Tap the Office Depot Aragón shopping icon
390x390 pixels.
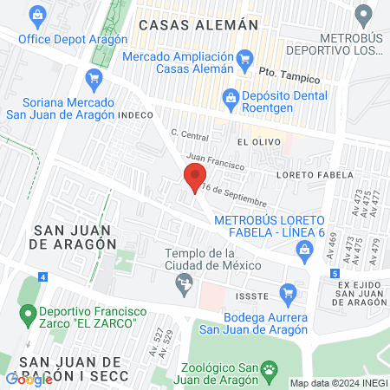tap(36, 15)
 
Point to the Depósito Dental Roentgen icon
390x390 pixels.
tap(230, 96)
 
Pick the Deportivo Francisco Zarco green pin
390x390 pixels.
tap(26, 311)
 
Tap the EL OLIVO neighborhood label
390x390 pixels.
tap(256, 140)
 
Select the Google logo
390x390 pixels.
tap(29, 379)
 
